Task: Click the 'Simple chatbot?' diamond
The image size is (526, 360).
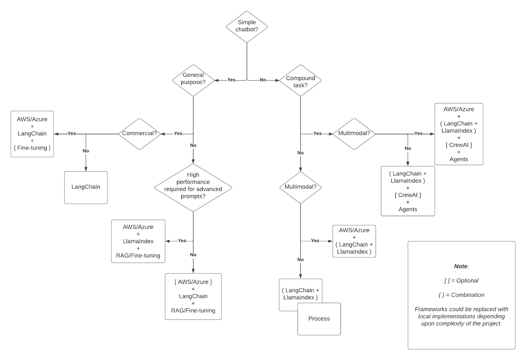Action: coord(247,26)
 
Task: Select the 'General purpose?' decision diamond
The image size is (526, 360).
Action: coord(193,79)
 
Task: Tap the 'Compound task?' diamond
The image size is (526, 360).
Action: coord(300,81)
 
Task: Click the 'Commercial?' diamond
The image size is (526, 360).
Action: coord(139,133)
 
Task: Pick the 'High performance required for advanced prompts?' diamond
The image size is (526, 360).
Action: coord(193,186)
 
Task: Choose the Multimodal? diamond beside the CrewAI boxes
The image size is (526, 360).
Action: coord(354,133)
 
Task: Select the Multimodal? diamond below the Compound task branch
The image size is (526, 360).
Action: coord(300,187)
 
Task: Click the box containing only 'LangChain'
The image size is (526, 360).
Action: coord(86,187)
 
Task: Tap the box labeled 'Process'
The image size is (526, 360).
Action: coord(319,319)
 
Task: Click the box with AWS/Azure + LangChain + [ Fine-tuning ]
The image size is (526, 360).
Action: coord(32,134)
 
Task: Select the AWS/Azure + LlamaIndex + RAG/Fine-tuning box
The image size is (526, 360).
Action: coord(138,241)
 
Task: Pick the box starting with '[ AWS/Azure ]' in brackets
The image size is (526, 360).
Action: coord(193,296)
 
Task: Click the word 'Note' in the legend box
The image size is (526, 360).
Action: coord(461,266)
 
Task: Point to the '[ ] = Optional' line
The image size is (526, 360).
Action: coord(461,281)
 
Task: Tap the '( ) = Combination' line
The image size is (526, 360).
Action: coord(461,295)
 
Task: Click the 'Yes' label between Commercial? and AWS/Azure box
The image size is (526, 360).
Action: coord(71,133)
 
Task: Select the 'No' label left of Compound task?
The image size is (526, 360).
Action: coord(263,80)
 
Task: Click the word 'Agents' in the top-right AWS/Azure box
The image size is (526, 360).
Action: coord(459,159)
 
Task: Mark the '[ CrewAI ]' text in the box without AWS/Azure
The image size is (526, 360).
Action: coord(408,195)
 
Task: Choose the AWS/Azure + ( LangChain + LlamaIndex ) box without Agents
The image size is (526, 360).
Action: coord(354,241)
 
